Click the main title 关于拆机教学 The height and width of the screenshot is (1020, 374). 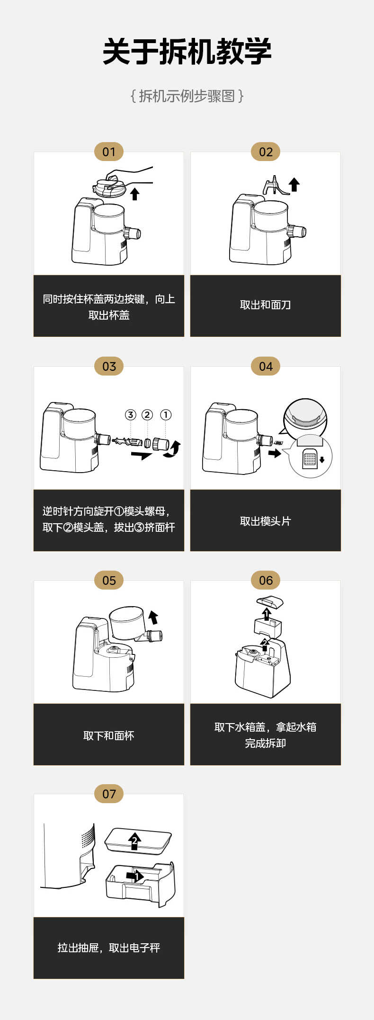coord(187,52)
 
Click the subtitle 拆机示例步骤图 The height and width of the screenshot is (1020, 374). coord(187,96)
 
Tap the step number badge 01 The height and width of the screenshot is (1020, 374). coord(109,152)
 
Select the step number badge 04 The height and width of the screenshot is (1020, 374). coord(266,366)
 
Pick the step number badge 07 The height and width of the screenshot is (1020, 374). coord(109,794)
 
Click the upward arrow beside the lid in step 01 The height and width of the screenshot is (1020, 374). coord(135,194)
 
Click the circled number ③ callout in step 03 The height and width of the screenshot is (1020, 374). coord(130,415)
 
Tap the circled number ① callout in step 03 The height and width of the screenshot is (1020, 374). coord(165,415)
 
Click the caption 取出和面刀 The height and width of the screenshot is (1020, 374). coord(265,305)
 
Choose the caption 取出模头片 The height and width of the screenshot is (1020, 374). coord(265,521)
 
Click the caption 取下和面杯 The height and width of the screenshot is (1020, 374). coord(108,735)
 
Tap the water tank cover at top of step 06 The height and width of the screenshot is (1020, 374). coord(270,603)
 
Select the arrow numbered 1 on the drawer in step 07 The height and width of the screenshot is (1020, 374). coord(135,877)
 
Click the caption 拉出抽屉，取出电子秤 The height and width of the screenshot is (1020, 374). coord(108,948)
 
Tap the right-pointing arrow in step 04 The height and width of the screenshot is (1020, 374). coord(274,453)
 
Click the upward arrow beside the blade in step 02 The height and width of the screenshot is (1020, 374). coord(294,184)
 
